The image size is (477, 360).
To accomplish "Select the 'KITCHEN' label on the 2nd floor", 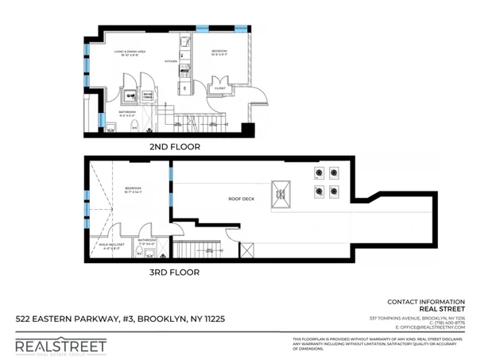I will [x=170, y=61].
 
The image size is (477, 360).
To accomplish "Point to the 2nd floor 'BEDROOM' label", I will [x=220, y=52].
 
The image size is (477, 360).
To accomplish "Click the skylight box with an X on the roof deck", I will [x=281, y=189].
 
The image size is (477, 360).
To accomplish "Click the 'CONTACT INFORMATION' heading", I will [x=426, y=302].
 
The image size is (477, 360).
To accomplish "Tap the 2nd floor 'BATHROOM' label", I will [x=128, y=113].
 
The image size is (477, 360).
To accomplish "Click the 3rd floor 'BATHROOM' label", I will [x=146, y=239].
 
